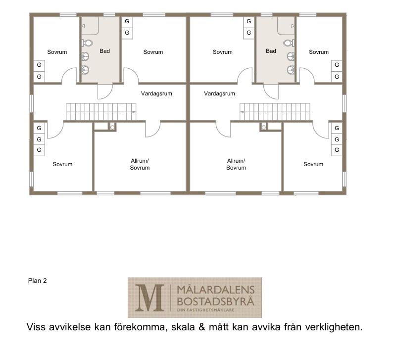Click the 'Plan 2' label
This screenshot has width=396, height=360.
tap(38, 281)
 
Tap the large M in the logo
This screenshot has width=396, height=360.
tap(149, 298)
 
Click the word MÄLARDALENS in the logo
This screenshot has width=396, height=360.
tap(216, 290)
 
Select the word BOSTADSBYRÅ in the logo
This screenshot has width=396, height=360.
tap(215, 301)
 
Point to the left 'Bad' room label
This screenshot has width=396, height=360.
tap(105, 51)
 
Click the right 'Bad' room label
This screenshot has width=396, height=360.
tap(271, 51)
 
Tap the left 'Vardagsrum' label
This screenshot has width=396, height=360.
tap(156, 93)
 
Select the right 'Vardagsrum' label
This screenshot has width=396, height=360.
tap(219, 93)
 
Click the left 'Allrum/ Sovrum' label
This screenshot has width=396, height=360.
tap(140, 164)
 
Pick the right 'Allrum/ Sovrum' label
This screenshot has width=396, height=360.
tap(236, 164)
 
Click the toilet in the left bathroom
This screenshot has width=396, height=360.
tap(87, 43)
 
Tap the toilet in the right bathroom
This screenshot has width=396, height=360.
tap(289, 43)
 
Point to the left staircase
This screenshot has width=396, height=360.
tap(101, 111)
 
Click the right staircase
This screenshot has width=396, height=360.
tap(275, 111)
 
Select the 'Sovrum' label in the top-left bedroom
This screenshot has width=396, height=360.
tap(57, 52)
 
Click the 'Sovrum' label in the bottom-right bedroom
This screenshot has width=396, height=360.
tap(313, 164)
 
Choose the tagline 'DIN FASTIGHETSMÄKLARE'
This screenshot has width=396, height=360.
tap(206, 310)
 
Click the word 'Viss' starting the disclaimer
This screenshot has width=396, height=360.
tap(36, 327)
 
